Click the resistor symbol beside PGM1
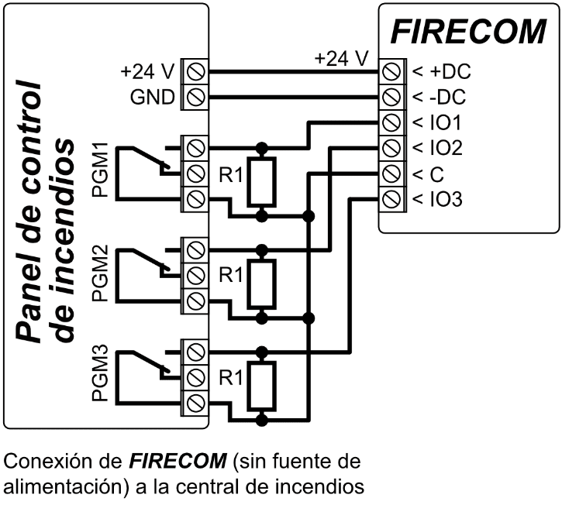click(263, 181)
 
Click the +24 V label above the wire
click(341, 58)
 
